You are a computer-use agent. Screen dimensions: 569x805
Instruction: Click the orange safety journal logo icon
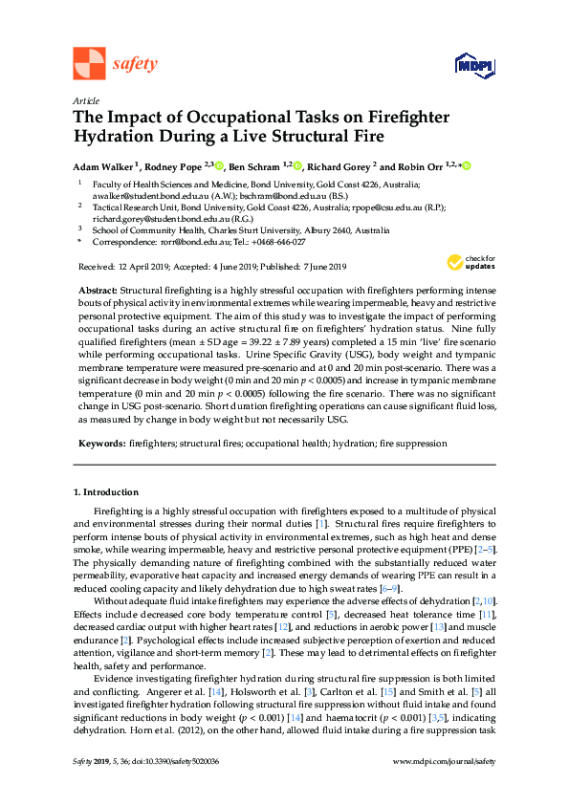tap(89, 63)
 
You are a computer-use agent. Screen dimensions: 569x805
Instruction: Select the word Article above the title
tap(86, 99)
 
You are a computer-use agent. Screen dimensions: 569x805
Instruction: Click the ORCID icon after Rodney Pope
tap(219, 164)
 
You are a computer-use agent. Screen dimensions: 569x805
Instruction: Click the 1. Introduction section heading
tap(106, 492)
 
